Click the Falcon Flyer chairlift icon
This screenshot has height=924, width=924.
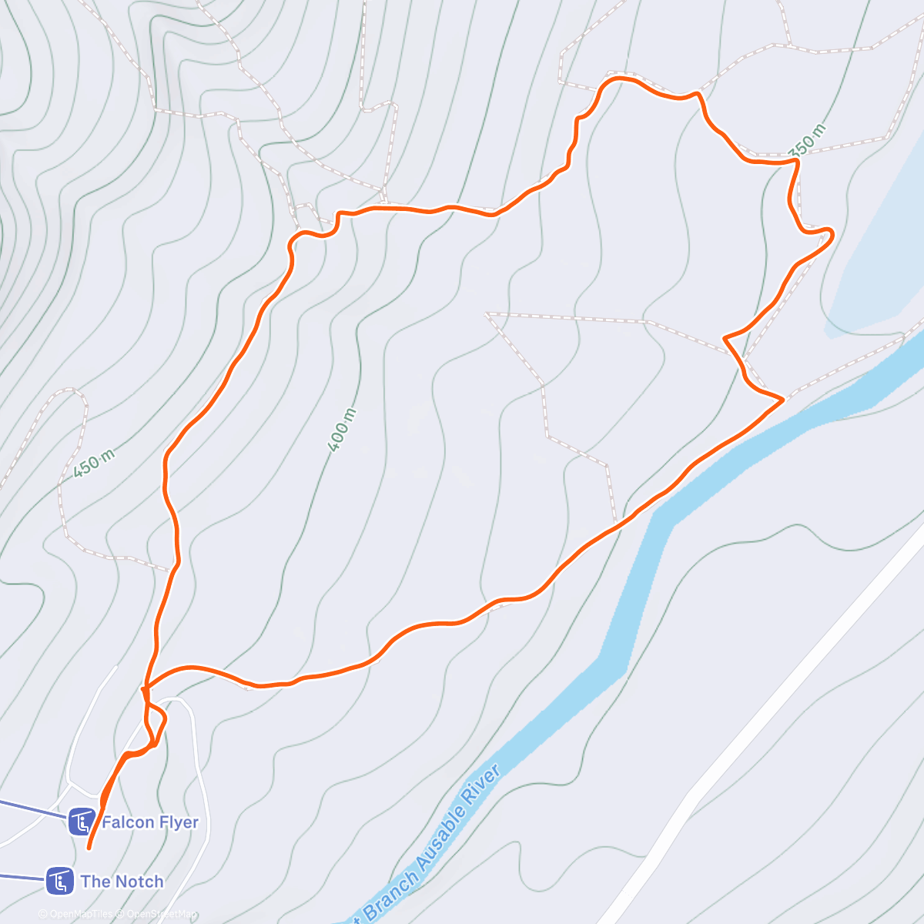point(81,822)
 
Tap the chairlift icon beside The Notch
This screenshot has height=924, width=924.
point(59,881)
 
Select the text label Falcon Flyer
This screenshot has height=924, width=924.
point(150,822)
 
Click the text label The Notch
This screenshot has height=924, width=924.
point(122,882)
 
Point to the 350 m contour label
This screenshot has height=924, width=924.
point(808,140)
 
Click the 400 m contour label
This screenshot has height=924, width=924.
point(342,430)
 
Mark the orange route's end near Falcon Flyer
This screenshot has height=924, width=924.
point(89,848)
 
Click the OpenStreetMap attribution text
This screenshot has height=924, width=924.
point(162,915)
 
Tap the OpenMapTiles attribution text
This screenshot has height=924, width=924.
point(81,915)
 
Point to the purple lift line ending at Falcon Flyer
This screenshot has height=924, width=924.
point(31,808)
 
